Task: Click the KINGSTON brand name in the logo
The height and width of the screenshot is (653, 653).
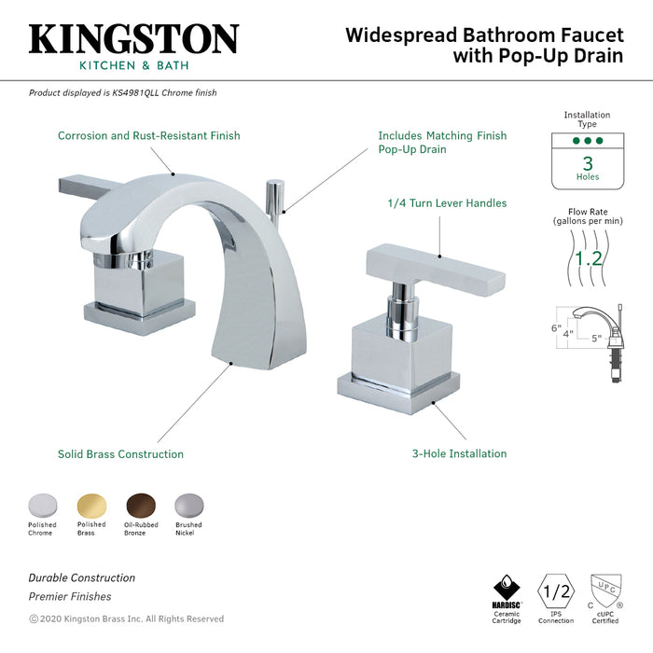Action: click(x=133, y=38)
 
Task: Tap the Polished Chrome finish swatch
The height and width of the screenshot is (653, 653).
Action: click(x=42, y=505)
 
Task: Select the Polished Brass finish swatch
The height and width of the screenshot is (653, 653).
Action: click(x=91, y=505)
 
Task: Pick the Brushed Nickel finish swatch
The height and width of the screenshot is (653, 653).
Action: click(x=188, y=505)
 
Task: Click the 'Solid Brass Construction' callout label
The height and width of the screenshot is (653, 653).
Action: click(x=120, y=454)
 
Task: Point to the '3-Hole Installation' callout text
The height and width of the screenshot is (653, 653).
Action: click(x=459, y=454)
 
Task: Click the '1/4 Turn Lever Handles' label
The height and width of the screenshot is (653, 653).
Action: click(x=447, y=203)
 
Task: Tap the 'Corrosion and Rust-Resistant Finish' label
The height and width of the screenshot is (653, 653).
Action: click(x=148, y=136)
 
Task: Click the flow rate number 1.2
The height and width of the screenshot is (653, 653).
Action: click(x=587, y=257)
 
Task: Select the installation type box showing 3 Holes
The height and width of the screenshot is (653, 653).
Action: click(x=588, y=161)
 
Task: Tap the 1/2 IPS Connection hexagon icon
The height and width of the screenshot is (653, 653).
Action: click(x=556, y=593)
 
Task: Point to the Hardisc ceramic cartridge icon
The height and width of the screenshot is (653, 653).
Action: click(x=506, y=591)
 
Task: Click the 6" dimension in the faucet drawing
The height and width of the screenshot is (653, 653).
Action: click(x=553, y=328)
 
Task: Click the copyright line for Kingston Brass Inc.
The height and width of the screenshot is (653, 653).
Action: click(x=126, y=618)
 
